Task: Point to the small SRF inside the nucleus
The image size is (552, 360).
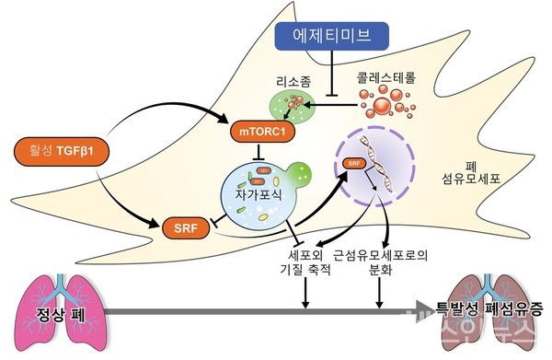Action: (351, 165)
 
